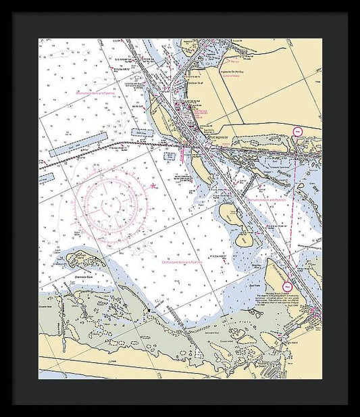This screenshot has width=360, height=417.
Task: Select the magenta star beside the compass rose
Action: click(153, 185)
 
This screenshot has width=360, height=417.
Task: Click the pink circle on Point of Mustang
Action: click(288, 287)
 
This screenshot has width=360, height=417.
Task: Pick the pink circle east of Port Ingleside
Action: click(296, 132)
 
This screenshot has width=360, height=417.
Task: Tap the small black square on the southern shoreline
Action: click(149, 310)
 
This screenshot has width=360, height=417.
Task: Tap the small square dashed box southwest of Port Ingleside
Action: click(169, 155)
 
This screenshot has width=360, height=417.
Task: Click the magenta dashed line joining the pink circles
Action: click(292, 210)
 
